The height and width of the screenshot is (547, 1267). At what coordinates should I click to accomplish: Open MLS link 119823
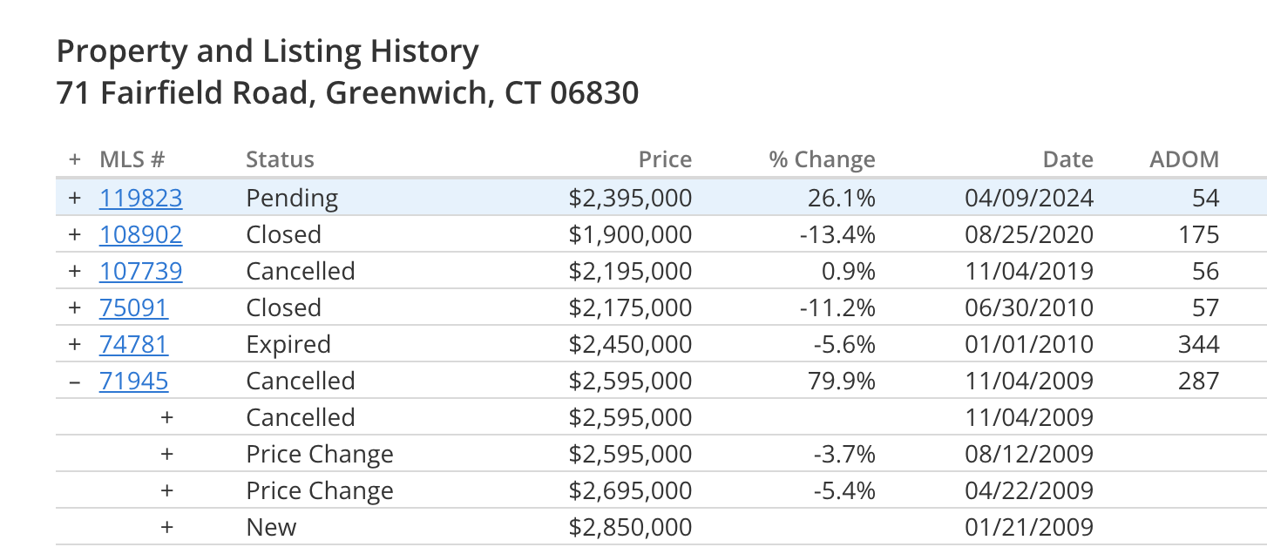click(141, 198)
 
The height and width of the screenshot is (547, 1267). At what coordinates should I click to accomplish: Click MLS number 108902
click(141, 235)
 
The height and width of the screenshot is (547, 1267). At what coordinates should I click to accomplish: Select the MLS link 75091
click(133, 307)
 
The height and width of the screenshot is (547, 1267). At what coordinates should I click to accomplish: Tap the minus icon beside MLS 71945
click(75, 382)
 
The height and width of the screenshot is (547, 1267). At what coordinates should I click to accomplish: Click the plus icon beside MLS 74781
click(75, 345)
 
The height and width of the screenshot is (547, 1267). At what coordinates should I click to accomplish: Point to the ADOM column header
click(1184, 159)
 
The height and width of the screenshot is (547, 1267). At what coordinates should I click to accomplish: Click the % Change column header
click(823, 160)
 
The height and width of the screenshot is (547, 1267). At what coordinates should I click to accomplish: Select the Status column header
click(280, 159)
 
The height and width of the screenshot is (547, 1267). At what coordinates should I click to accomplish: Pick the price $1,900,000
click(630, 235)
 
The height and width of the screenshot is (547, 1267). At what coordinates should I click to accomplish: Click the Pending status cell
click(292, 199)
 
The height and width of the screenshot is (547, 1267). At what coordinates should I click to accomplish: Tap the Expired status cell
click(288, 345)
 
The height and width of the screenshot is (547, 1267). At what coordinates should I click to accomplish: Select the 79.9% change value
click(842, 382)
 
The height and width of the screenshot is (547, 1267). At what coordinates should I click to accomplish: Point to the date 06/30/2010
click(1029, 307)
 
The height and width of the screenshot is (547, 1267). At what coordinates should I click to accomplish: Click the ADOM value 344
click(1198, 345)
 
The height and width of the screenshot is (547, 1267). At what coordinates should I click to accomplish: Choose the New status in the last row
click(271, 527)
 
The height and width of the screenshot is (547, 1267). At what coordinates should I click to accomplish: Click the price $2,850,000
click(630, 528)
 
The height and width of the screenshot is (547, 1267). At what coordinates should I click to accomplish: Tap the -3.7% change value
click(844, 454)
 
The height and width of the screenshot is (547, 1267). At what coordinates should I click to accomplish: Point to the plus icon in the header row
click(75, 159)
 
